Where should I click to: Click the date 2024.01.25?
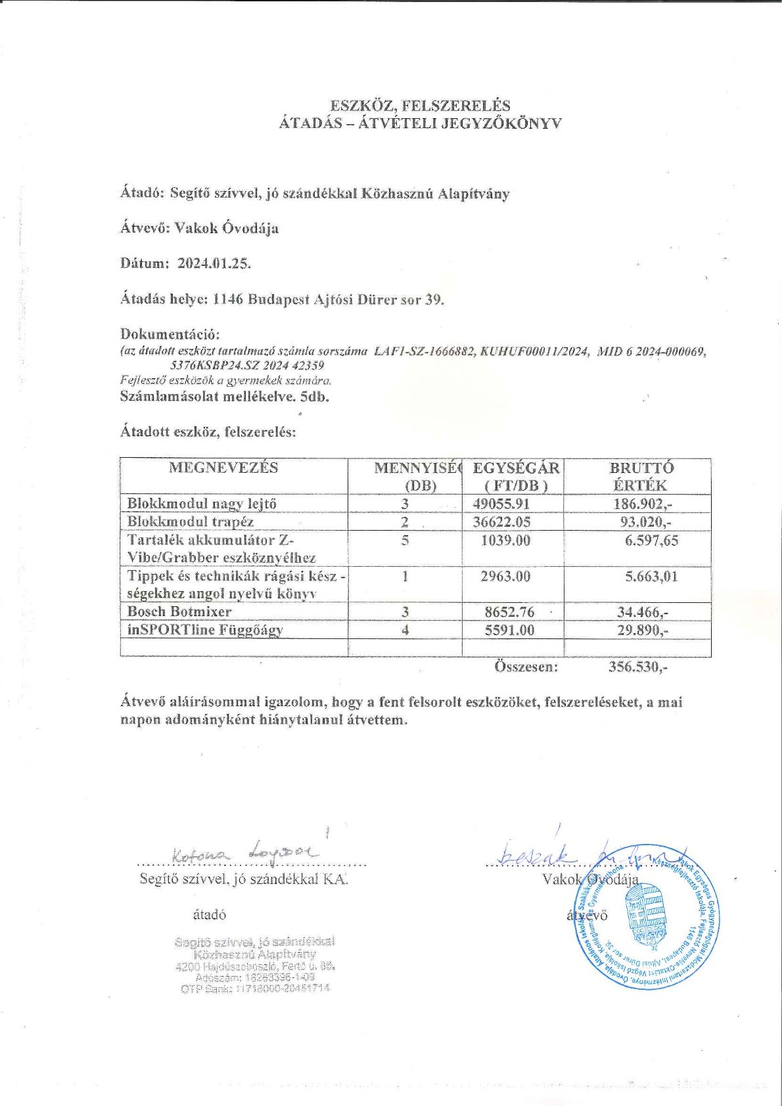click(214, 263)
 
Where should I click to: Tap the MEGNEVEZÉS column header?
click(223, 468)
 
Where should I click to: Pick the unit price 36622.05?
click(501, 521)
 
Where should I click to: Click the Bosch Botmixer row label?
click(179, 611)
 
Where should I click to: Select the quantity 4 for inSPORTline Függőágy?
click(405, 630)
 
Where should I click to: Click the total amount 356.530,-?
click(638, 667)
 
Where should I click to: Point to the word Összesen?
click(526, 667)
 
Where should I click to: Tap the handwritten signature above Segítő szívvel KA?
click(244, 854)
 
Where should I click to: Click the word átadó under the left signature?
click(210, 915)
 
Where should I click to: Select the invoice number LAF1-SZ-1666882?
click(424, 351)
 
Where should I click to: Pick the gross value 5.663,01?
click(651, 577)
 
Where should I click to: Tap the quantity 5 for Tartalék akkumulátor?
click(405, 541)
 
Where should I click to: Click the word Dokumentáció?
click(170, 334)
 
